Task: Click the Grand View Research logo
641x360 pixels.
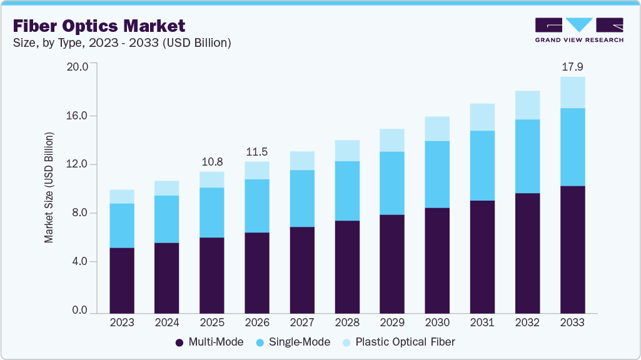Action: [x=579, y=30]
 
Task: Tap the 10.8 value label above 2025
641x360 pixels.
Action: [x=212, y=162]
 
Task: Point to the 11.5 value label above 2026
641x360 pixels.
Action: [x=257, y=152]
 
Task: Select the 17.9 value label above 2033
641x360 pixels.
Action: [x=572, y=67]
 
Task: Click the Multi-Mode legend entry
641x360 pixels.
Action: [x=211, y=342]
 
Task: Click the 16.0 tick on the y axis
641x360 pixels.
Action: [x=79, y=116]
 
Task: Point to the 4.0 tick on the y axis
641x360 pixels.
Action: [x=79, y=261]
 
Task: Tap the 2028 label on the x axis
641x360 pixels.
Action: [x=347, y=323]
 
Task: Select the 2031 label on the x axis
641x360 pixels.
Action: [x=482, y=323]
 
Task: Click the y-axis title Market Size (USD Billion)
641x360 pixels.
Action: [x=49, y=187]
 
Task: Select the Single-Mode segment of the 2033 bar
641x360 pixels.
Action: [x=572, y=147]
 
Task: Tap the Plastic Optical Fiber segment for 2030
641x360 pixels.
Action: [x=437, y=129]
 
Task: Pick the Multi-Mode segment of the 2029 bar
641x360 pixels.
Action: [x=392, y=263]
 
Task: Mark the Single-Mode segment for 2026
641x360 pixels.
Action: [x=257, y=206]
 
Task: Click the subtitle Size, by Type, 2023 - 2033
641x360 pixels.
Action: [x=123, y=43]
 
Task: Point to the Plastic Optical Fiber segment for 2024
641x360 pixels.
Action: [x=167, y=188]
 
